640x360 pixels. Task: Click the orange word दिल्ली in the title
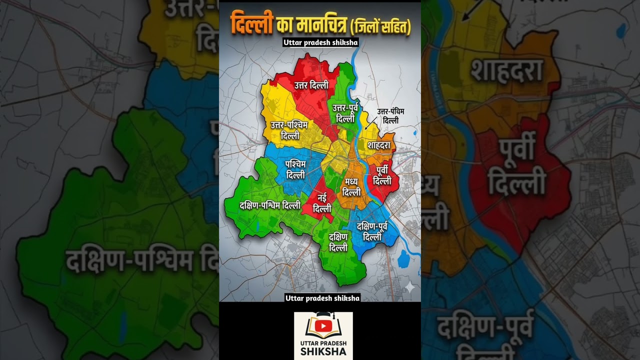(251, 24)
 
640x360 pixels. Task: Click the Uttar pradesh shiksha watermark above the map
(320, 42)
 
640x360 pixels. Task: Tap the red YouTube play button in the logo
(323, 326)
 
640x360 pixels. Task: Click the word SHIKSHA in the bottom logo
(323, 351)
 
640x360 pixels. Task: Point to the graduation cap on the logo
(323, 315)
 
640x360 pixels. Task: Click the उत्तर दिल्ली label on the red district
(311, 85)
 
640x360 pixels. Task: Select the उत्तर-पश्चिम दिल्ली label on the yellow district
(290, 130)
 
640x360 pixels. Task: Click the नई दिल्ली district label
(322, 204)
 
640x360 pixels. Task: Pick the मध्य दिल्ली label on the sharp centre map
(352, 187)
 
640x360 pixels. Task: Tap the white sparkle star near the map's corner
(409, 287)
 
